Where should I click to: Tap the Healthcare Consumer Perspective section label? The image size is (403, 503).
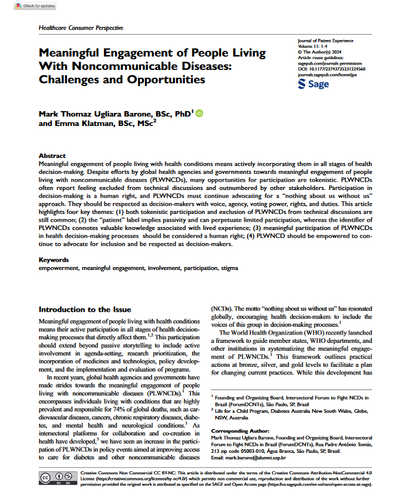click(x=81, y=28)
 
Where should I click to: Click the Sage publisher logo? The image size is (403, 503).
click(x=313, y=84)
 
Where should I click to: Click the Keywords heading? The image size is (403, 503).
click(x=54, y=260)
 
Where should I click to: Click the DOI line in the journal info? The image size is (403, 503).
click(x=331, y=69)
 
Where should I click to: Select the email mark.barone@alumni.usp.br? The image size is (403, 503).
click(x=259, y=457)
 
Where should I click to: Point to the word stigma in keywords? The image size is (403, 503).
click(x=228, y=268)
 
